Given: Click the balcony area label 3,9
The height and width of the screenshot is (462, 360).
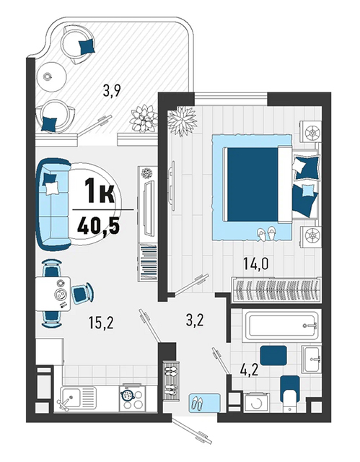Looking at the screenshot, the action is click(x=112, y=91).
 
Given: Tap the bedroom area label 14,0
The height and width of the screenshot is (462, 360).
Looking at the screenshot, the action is click(x=256, y=263).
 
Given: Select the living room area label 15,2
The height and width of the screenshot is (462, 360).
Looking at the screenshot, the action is click(x=101, y=323).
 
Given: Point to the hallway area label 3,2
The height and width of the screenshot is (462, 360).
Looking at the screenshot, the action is click(x=195, y=320).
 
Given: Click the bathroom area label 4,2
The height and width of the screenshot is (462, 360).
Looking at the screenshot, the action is click(x=250, y=370).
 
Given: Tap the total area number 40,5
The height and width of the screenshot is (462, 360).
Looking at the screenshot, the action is click(x=98, y=226).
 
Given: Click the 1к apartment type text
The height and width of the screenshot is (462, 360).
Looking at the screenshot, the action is click(x=100, y=191).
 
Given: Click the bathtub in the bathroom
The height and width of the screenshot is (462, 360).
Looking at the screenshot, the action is click(x=281, y=326).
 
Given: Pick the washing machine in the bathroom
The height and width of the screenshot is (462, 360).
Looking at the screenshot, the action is click(x=257, y=402).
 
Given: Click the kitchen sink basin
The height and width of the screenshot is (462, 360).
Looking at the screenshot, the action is click(x=70, y=397).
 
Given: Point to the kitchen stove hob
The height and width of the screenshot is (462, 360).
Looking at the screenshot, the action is click(x=132, y=398).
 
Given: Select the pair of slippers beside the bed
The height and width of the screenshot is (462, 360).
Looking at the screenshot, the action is click(x=267, y=233).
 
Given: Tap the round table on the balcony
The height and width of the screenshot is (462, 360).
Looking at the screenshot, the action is click(x=51, y=77).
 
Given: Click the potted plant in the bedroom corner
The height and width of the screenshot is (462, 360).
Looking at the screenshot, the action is click(x=182, y=121).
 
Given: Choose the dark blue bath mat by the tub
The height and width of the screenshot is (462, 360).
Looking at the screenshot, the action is click(x=273, y=356).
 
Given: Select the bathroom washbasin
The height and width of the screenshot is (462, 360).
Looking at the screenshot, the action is click(x=312, y=359).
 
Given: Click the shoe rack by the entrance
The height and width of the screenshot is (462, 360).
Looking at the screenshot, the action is click(x=172, y=380).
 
